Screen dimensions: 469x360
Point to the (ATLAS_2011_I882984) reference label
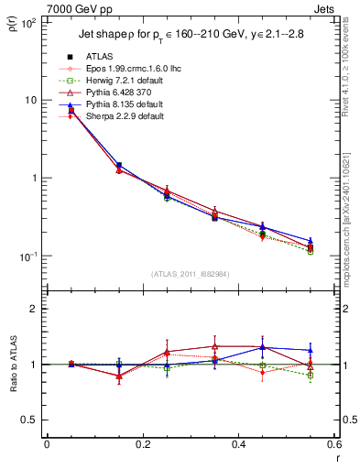coord(189,274)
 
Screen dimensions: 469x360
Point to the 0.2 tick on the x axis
coord(143,444)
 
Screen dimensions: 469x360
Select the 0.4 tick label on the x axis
coord(239,444)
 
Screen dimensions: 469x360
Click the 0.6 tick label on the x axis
coord(334,444)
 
